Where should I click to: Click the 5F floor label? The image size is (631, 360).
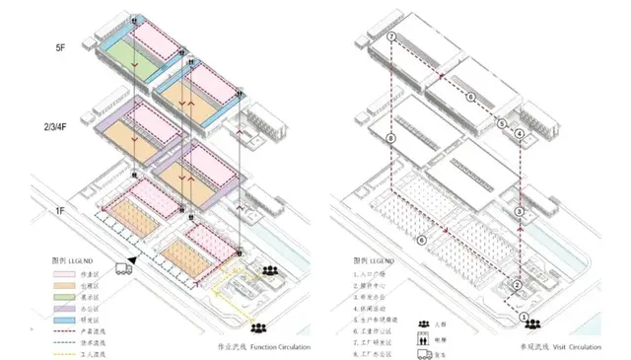pos(60,46)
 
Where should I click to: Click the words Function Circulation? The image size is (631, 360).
pos(278,347)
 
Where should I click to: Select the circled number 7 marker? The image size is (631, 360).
pos(391,37)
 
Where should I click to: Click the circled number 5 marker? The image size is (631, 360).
pos(503,124)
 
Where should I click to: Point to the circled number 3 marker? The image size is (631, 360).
pos(520,212)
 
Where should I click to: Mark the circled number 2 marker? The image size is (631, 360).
pos(515,287)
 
